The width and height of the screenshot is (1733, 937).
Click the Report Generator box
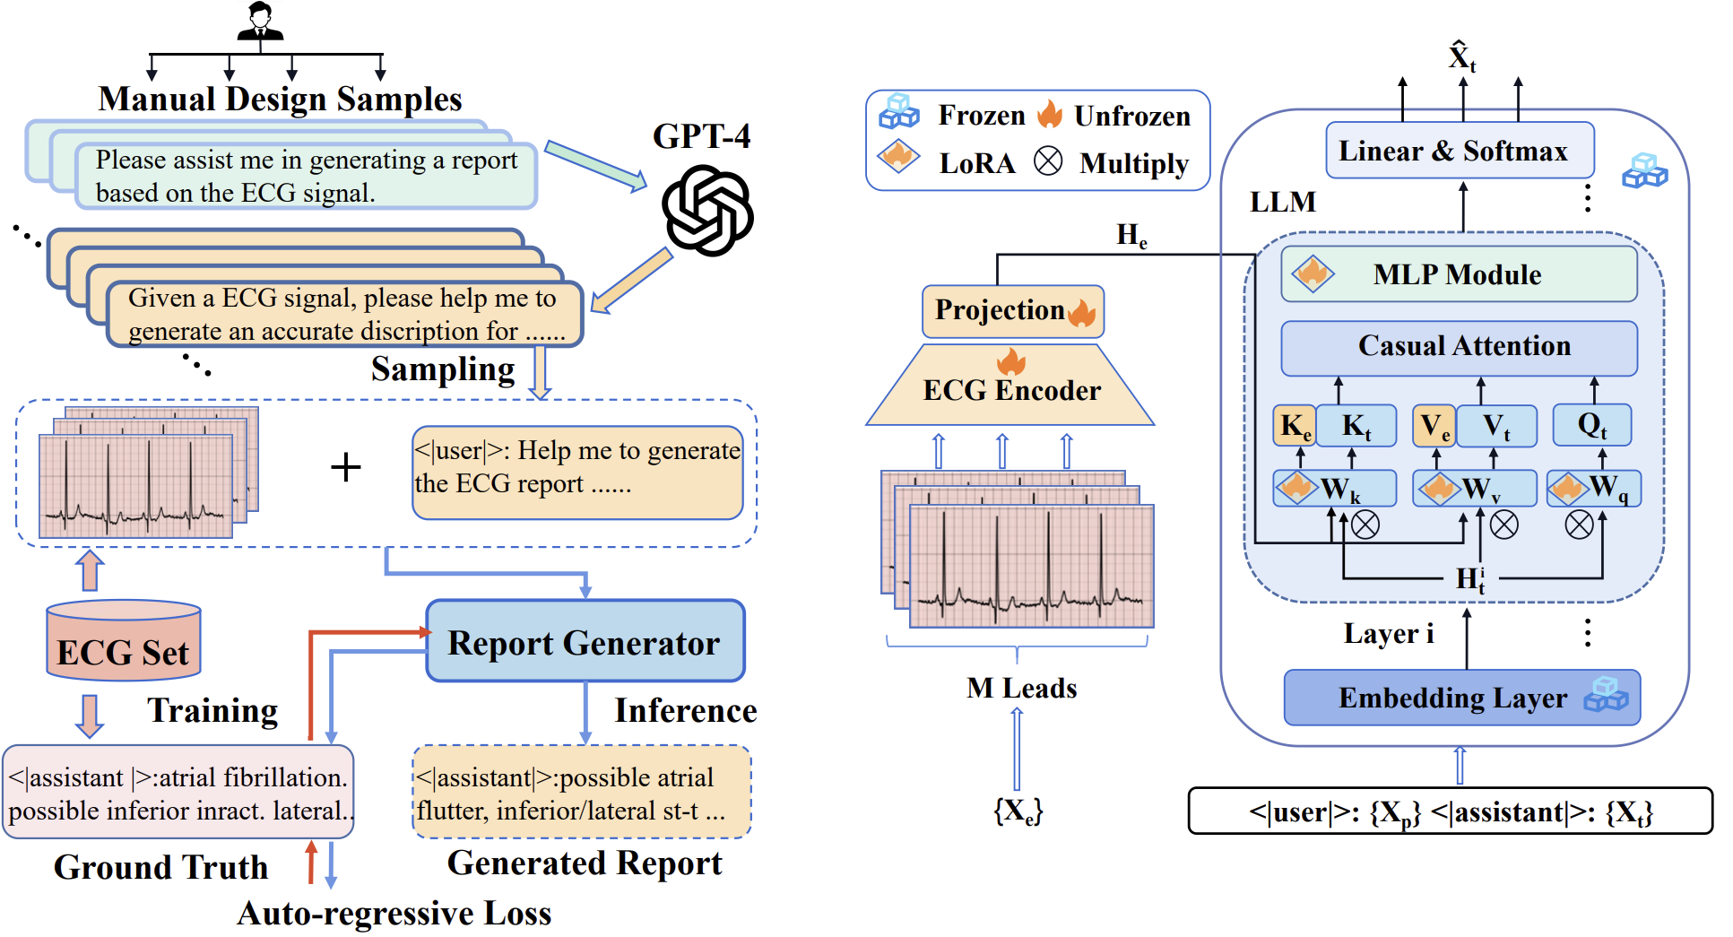pyautogui.click(x=585, y=642)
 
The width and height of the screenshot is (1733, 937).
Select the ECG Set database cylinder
pyautogui.click(x=124, y=640)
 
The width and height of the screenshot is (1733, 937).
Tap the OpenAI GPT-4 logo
pyautogui.click(x=707, y=210)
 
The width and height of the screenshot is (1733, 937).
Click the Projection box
pyautogui.click(x=1013, y=311)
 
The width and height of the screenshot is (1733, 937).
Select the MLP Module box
pyautogui.click(x=1459, y=274)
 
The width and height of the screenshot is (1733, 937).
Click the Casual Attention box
pyautogui.click(x=1459, y=347)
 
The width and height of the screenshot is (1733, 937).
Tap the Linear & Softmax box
pyautogui.click(x=1459, y=151)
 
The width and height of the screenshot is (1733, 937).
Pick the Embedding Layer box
pyautogui.click(x=1461, y=698)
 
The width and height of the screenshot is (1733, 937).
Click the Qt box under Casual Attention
pyautogui.click(x=1591, y=425)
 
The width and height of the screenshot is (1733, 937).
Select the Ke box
pyautogui.click(x=1295, y=426)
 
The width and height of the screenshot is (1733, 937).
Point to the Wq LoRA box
pyautogui.click(x=1594, y=489)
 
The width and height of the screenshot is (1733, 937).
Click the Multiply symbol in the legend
pyautogui.click(x=1048, y=161)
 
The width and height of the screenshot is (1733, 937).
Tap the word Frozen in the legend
pyautogui.click(x=981, y=116)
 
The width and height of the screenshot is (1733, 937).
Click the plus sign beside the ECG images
pyautogui.click(x=345, y=467)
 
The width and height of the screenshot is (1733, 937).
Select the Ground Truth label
pyautogui.click(x=160, y=867)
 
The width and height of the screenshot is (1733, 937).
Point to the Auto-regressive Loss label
pyautogui.click(x=394, y=913)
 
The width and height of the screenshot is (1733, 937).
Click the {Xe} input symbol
pyautogui.click(x=1018, y=811)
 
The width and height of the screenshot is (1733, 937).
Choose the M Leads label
pyautogui.click(x=1021, y=688)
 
